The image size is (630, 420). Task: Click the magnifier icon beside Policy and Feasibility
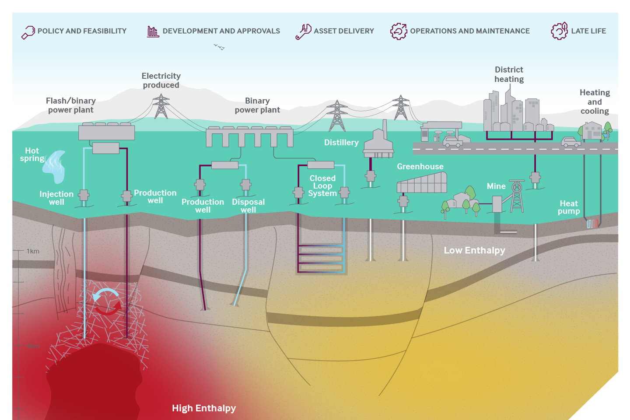28,32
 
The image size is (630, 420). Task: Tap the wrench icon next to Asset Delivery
303,31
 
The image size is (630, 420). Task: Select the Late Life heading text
588,31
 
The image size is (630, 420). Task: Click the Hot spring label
32,154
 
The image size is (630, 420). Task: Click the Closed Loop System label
322,186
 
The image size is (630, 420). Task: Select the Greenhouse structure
422,183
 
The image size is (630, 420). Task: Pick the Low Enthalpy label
474,250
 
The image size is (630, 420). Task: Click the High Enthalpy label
204,408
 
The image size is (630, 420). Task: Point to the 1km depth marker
33,251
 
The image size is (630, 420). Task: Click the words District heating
509,74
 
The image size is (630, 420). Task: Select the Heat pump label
569,207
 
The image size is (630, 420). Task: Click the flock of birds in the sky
219,47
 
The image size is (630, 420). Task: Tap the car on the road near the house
571,142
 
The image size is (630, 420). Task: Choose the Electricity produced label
161,80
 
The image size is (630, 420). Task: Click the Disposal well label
248,206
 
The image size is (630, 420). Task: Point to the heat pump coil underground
592,224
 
